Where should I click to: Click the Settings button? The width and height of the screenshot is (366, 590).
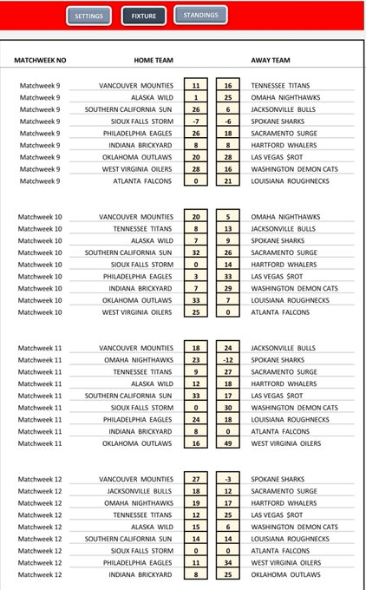(x=88, y=16)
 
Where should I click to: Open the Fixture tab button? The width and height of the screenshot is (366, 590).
(x=143, y=16)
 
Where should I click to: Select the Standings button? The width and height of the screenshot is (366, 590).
(x=200, y=16)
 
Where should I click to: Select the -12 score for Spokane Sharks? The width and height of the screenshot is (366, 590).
(x=226, y=357)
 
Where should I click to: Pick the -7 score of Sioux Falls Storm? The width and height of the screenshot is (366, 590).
(x=196, y=121)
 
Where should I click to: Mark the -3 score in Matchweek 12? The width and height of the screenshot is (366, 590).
(x=226, y=479)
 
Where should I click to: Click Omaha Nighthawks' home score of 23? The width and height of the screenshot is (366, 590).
(x=196, y=357)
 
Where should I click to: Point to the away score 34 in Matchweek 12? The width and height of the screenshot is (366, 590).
(x=226, y=562)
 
